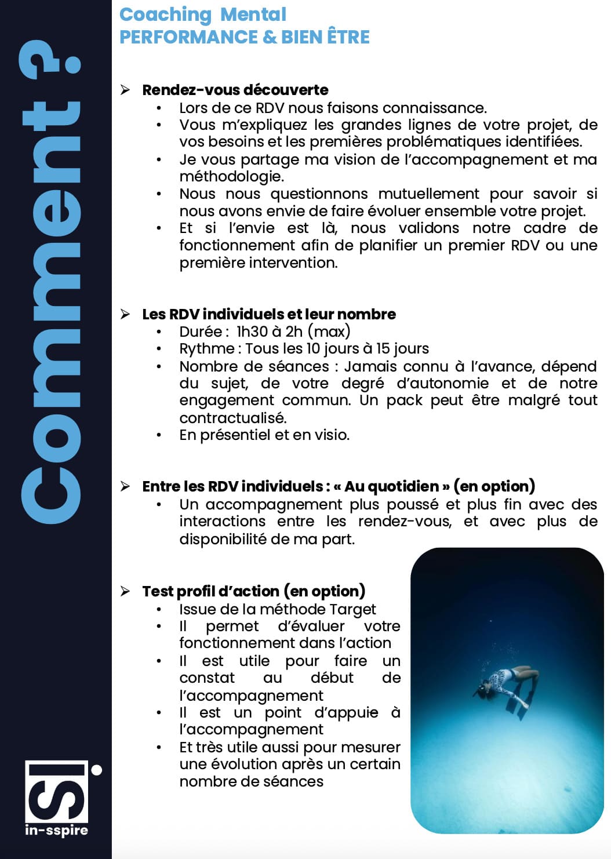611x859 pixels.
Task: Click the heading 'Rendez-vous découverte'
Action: pyautogui.click(x=235, y=90)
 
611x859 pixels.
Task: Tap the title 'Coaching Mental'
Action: pyautogui.click(x=202, y=14)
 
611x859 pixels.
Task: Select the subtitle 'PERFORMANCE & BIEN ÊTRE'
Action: pyautogui.click(x=244, y=37)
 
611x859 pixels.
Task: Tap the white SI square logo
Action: pyautogui.click(x=56, y=791)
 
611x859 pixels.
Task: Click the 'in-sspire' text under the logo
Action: pyautogui.click(x=56, y=830)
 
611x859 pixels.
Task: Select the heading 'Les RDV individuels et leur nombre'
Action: pyautogui.click(x=268, y=314)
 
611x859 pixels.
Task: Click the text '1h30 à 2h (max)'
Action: pyautogui.click(x=293, y=332)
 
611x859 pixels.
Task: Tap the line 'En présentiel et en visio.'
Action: pyautogui.click(x=264, y=435)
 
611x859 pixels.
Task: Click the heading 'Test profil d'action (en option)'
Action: pyautogui.click(x=253, y=591)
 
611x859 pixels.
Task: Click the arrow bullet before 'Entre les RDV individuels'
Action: pyautogui.click(x=125, y=486)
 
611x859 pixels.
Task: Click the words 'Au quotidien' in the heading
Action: pyautogui.click(x=391, y=486)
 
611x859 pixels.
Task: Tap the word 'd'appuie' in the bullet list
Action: pyautogui.click(x=346, y=712)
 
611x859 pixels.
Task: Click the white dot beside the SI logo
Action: pyautogui.click(x=97, y=770)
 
